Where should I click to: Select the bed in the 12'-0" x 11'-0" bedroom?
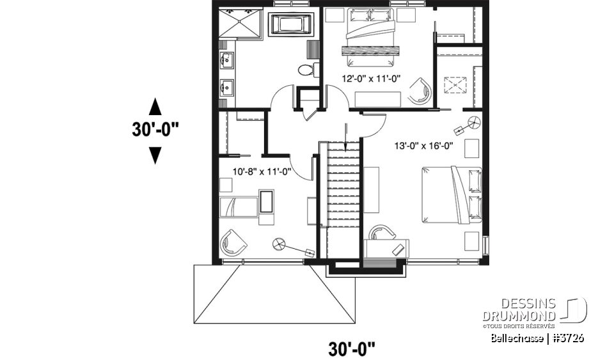370,38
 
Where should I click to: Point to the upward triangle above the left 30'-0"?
155,106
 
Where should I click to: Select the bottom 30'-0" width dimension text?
351,349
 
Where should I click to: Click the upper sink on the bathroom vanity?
226,61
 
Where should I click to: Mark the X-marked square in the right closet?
455,84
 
